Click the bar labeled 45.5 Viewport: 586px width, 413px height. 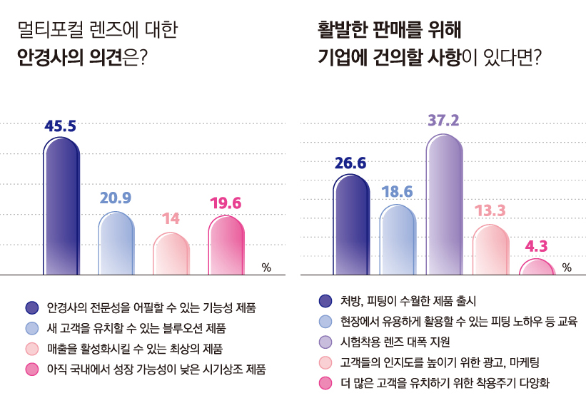pyautogui.click(x=61, y=207)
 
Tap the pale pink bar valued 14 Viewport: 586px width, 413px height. pyautogui.click(x=171, y=254)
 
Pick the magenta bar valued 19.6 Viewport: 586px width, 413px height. pyautogui.click(x=226, y=245)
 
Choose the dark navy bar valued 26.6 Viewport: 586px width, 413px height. pyautogui.click(x=350, y=225)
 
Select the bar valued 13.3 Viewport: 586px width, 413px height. pyautogui.click(x=490, y=250)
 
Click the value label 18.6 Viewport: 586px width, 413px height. pyautogui.click(x=397, y=191)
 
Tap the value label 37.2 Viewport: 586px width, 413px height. pyautogui.click(x=443, y=119)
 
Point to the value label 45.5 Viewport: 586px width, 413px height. pyautogui.click(x=61, y=126)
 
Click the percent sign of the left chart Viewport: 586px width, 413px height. pyautogui.click(x=266, y=268)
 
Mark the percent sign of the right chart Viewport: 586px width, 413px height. pyautogui.click(x=567, y=268)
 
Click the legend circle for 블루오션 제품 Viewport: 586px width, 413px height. pyautogui.click(x=31, y=328)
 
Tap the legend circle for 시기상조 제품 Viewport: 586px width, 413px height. pyautogui.click(x=31, y=369)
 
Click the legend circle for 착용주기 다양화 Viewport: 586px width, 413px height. pyautogui.click(x=326, y=384)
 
